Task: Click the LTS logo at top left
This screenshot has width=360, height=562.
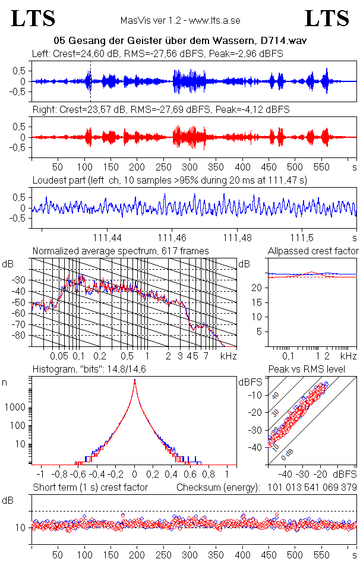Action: point(33,18)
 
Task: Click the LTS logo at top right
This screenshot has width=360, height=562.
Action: point(327,18)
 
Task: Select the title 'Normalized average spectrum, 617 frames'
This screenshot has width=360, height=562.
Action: point(121,251)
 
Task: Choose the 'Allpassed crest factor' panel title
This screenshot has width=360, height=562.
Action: point(313,251)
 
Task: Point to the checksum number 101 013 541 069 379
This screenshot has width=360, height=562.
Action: point(311,488)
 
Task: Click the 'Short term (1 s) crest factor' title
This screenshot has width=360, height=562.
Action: point(90,488)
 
